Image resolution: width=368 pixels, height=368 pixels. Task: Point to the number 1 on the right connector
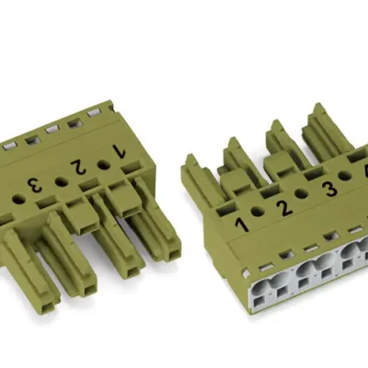click(242, 223)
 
